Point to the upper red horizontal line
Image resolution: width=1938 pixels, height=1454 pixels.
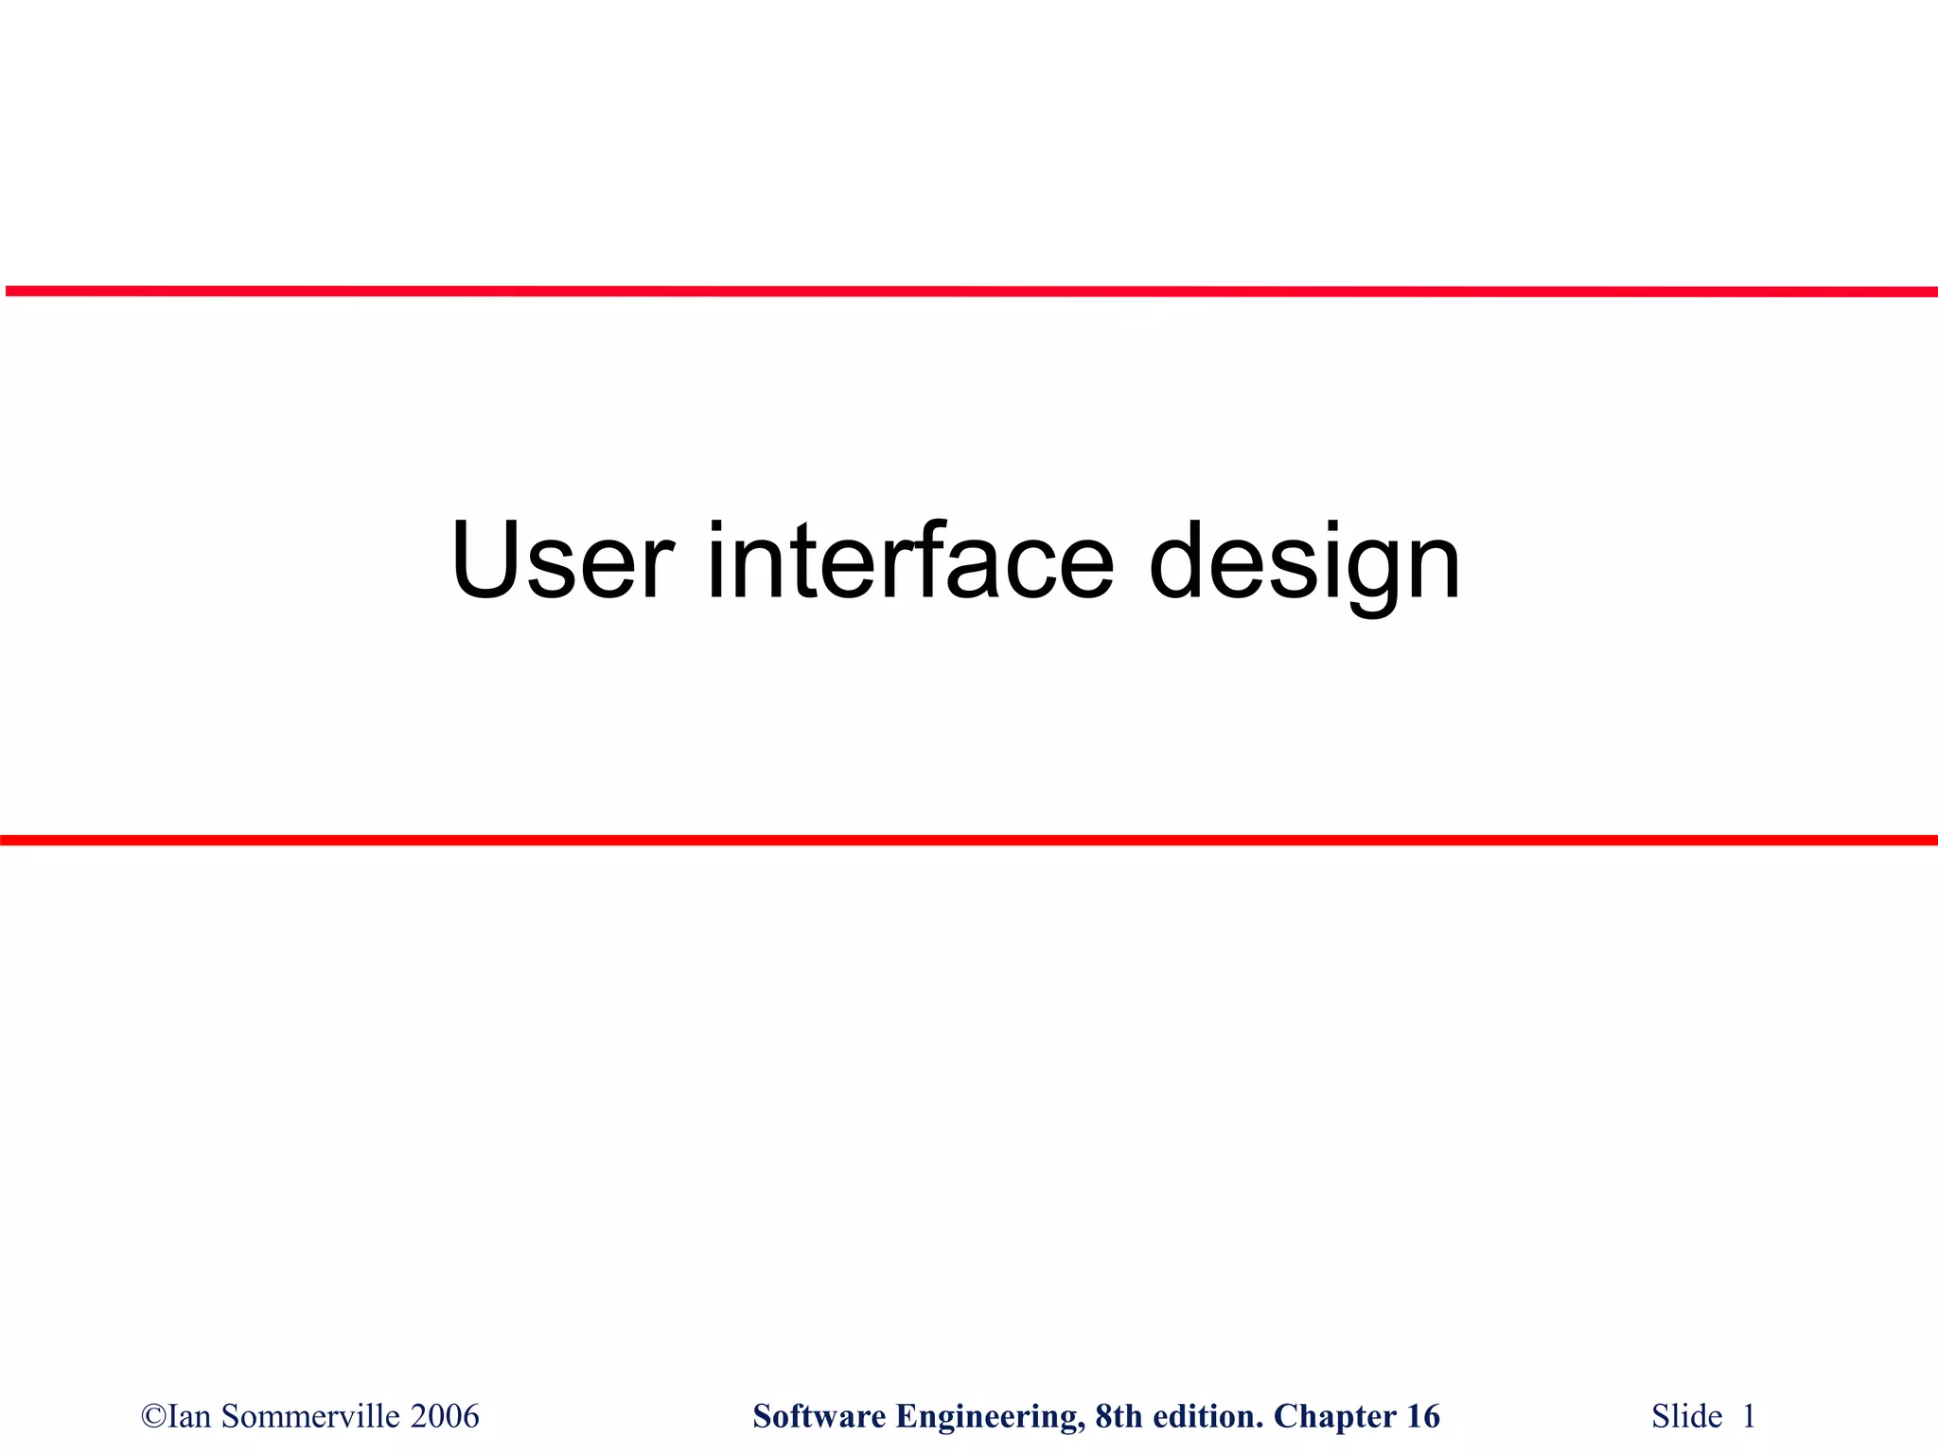pos(969,292)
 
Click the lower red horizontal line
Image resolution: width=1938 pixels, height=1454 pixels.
pos(969,840)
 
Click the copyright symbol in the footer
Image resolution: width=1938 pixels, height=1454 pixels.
pos(152,1417)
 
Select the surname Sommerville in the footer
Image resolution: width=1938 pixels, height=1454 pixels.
pos(309,1417)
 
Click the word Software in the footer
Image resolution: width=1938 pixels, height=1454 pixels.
pos(819,1417)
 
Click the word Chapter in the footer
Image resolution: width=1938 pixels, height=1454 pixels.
pos(1330,1417)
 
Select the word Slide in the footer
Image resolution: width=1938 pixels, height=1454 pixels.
pos(1686,1417)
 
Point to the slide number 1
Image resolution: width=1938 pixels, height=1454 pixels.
pos(1749,1417)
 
